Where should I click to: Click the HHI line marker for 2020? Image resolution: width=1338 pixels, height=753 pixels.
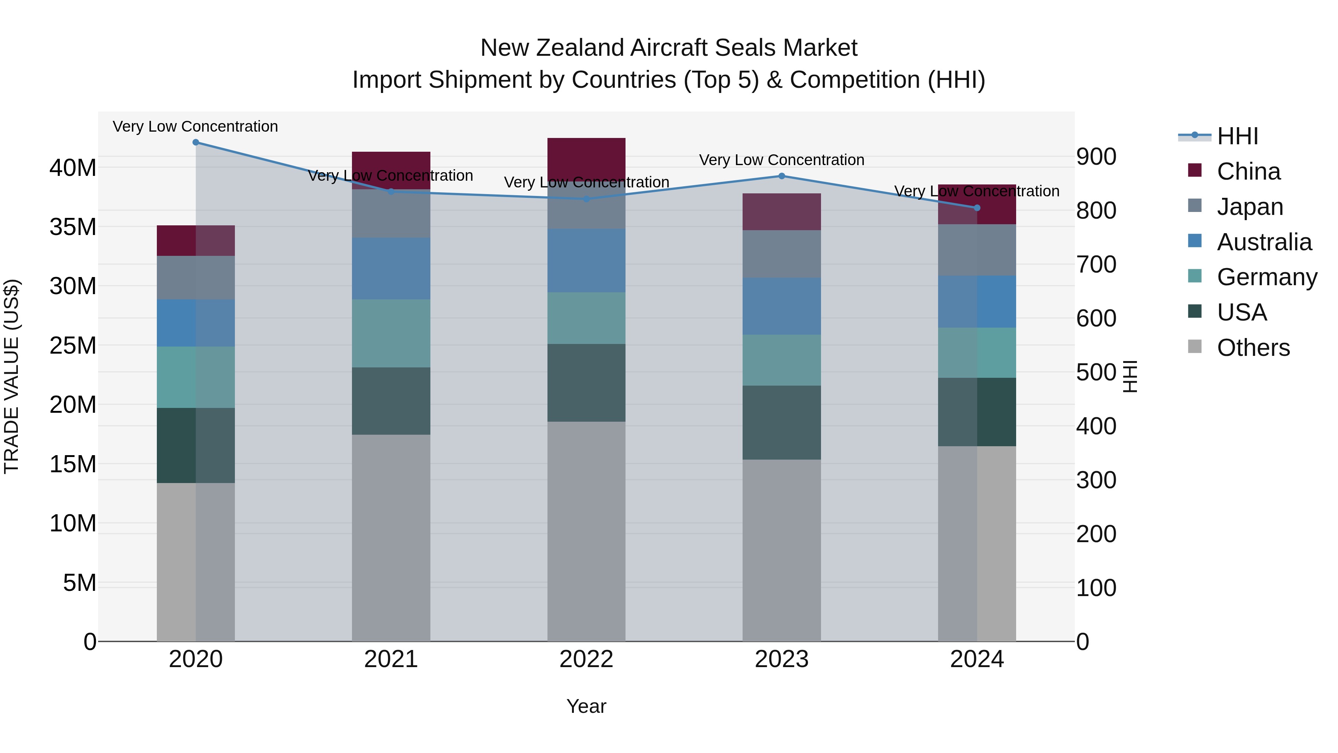(196, 142)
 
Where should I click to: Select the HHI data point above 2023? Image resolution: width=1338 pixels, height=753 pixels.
(781, 176)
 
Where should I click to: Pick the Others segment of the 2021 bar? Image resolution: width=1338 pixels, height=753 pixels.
(391, 537)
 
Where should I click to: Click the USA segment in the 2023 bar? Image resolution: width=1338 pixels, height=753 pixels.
(781, 422)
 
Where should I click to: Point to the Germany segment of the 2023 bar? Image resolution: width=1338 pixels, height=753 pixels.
(781, 360)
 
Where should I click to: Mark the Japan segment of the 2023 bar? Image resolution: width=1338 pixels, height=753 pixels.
(781, 254)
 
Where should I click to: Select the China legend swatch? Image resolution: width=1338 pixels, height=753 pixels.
(1195, 170)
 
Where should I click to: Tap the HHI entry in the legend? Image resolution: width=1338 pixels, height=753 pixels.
(1237, 136)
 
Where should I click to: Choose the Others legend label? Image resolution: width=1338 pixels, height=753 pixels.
(1253, 348)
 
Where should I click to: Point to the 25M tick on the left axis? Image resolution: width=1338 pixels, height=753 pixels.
(73, 345)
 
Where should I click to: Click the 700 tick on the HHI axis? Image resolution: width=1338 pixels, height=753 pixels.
(1096, 264)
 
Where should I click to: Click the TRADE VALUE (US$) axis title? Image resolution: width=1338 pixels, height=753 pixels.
(12, 376)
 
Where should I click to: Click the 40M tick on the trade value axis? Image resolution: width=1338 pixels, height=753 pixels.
(73, 168)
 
